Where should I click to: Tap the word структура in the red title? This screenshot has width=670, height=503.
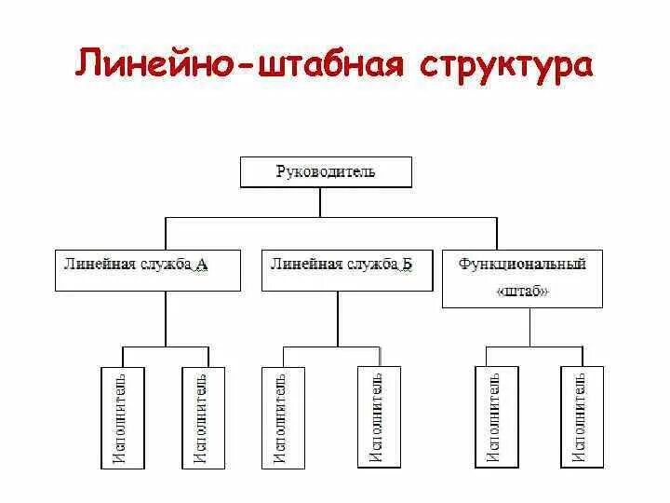505,66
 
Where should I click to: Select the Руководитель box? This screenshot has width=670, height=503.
326,173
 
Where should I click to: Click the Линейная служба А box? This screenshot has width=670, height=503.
146,269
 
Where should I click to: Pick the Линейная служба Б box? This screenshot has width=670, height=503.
347,269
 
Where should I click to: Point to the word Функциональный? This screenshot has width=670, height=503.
522,265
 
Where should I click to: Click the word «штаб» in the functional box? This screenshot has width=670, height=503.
522,292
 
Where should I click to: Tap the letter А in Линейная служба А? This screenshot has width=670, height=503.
202,265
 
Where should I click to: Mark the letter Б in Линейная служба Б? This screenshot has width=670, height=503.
407,265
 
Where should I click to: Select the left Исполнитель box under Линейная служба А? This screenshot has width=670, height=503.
121,415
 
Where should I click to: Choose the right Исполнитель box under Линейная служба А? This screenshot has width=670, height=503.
202,415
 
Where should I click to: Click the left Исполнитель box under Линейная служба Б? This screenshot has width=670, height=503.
281,415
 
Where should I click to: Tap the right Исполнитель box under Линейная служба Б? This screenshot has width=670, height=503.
378,415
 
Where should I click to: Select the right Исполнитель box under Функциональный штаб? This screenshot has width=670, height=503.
581,415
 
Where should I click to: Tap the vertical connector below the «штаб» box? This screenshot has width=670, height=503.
530,327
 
